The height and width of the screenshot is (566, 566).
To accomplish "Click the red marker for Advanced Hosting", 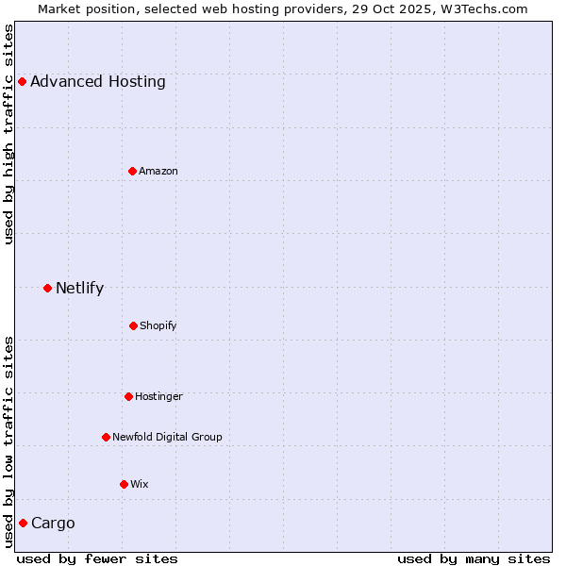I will coord(22,81).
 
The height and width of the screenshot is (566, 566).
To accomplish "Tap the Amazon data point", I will coord(132,171).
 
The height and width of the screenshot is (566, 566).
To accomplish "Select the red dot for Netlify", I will coord(47,288).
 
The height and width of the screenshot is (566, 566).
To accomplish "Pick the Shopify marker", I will coord(133,325).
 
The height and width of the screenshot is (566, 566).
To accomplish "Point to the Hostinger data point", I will coord(128,396).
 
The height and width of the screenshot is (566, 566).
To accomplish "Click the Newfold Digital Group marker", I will coord(106,437).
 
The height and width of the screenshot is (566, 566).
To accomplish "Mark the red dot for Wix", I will coord(124,484).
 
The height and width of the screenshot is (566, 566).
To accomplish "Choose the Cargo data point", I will coord(23,523).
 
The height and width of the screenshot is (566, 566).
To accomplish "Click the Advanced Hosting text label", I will coord(98,81).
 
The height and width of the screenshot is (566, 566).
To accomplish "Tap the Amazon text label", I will coord(158,171).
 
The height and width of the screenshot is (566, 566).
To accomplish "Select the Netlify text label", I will coord(79,288).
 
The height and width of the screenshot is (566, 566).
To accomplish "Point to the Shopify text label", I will coord(158,325).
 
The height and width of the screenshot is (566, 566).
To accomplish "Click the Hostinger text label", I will coord(158,396).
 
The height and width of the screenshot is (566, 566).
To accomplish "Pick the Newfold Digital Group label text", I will coord(167,437).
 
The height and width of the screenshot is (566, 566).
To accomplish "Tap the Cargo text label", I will coord(53,523).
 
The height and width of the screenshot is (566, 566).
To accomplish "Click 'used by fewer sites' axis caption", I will coord(97,558).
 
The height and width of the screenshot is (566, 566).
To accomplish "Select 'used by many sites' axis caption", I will coord(474,558).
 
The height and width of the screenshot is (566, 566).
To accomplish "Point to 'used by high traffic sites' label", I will coord(8,134).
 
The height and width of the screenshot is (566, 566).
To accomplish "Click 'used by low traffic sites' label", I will coord(8,441).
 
